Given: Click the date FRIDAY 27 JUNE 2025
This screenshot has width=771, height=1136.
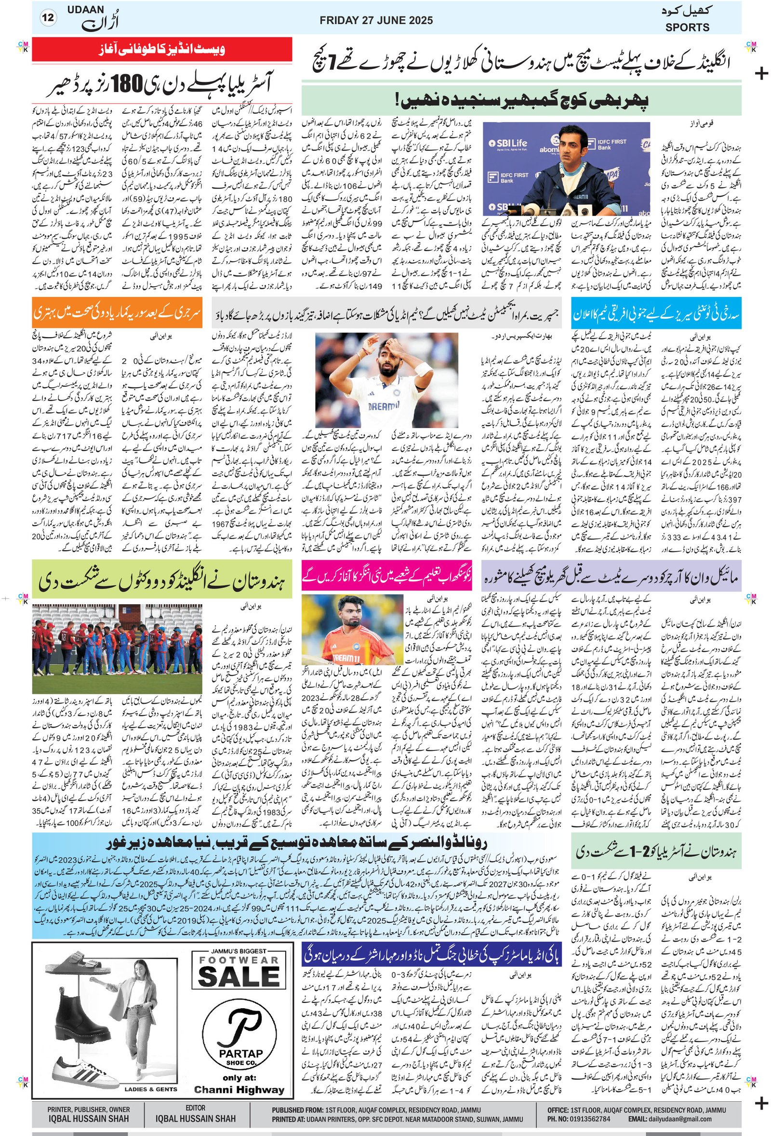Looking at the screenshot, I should (x=376, y=20).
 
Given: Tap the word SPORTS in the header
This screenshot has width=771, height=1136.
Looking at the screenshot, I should (x=687, y=27).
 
